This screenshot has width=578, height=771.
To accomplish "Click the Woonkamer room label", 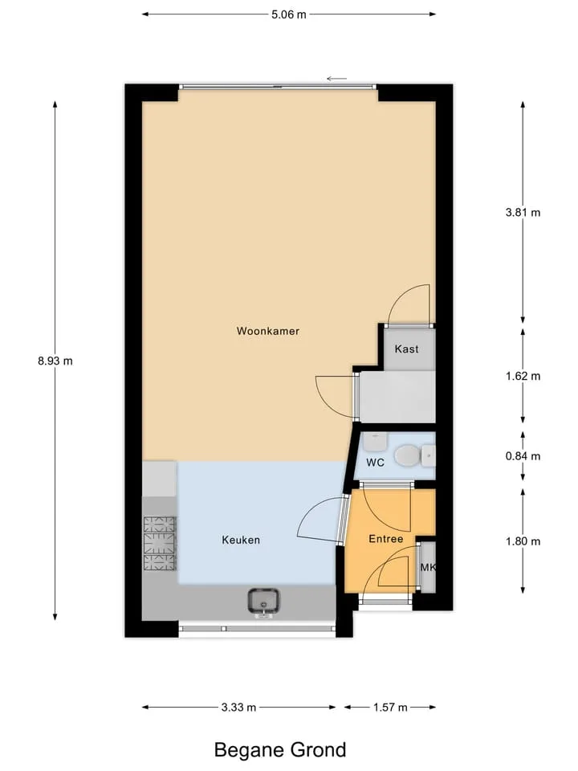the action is [268, 331].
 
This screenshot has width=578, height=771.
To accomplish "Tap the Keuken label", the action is [241, 540].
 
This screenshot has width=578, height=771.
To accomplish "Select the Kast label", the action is [406, 349].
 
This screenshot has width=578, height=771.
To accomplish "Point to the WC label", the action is [375, 463].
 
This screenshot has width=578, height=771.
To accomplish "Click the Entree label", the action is [386, 539].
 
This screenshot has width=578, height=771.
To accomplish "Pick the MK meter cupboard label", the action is [428, 568].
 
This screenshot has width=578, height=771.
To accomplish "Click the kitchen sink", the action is [263, 601].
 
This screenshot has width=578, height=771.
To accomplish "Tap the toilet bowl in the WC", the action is [406, 456].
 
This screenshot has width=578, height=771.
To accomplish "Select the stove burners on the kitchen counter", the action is [159, 544].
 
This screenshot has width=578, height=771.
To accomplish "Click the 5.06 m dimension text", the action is [289, 14].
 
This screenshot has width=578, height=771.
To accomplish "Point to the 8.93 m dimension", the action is [55, 361].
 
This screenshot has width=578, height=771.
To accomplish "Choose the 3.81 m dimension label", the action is [523, 212].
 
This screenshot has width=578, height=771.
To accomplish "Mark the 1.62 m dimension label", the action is [523, 376].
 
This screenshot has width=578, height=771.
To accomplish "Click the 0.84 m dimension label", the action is [523, 456].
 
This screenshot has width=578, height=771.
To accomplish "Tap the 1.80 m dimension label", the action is [523, 541].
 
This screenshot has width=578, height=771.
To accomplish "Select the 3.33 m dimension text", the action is [238, 708].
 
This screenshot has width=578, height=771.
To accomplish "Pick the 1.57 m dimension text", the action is [390, 708].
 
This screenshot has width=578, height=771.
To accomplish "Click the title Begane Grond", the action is [280, 750].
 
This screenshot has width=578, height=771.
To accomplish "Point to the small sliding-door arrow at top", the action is [336, 79].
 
